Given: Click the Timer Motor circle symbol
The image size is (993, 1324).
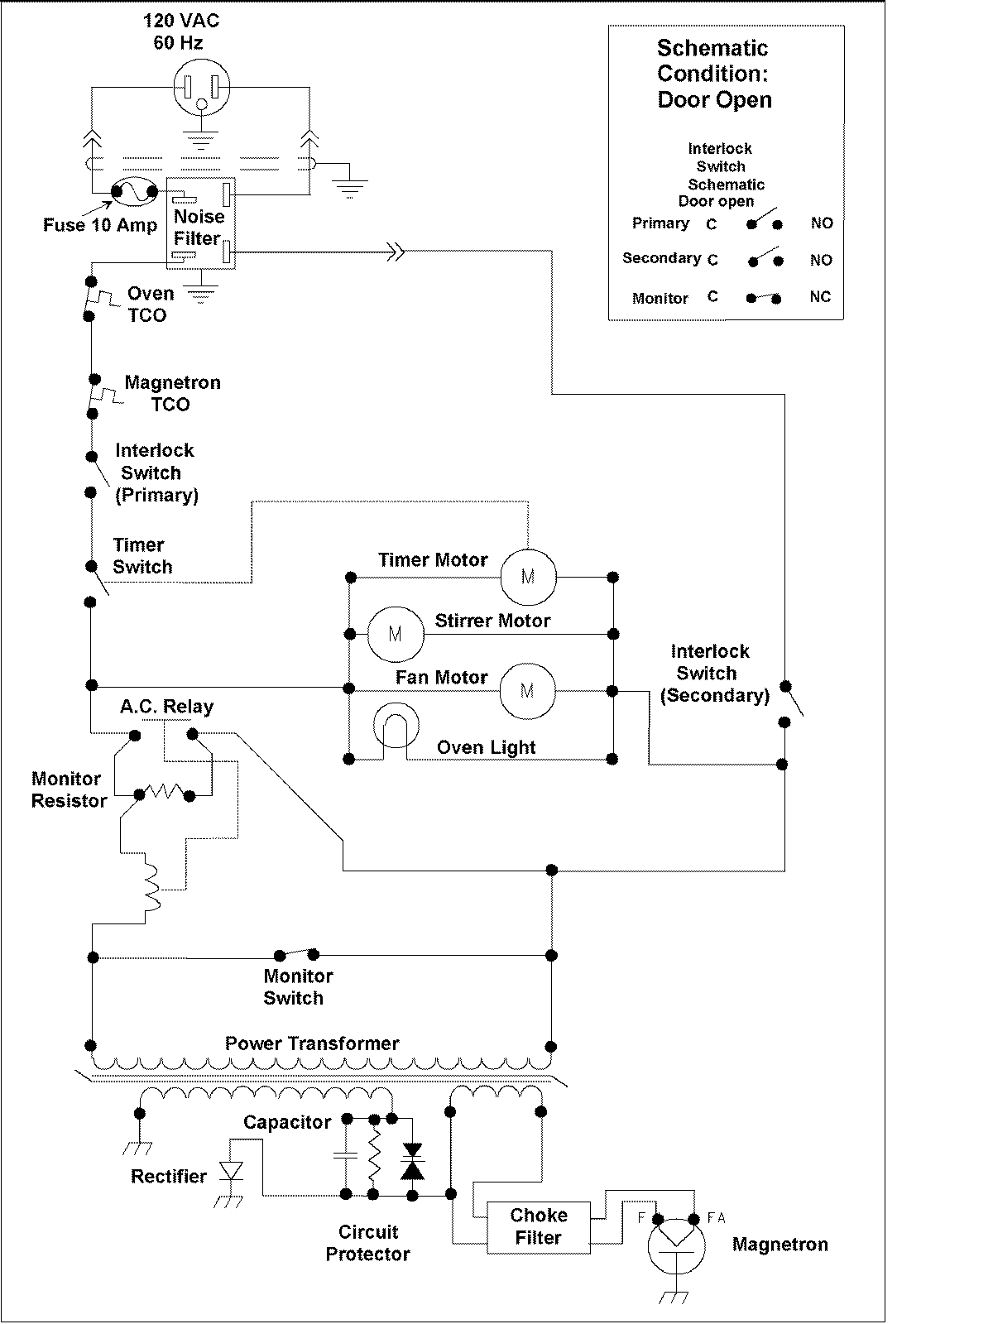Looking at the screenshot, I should tap(528, 576).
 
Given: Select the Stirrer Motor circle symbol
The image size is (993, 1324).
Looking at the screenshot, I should tap(395, 634).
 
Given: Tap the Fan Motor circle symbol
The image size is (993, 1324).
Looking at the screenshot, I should tap(527, 689).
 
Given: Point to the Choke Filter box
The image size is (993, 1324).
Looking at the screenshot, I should tap(539, 1226).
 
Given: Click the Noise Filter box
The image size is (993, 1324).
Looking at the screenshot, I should tap(200, 223).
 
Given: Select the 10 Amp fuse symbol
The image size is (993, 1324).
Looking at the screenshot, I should tap(133, 193).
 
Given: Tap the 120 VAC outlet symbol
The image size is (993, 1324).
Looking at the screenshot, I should tap(201, 89).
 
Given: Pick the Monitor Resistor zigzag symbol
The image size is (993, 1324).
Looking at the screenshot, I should tap(165, 793).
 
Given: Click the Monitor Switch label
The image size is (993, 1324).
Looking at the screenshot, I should tap(297, 987).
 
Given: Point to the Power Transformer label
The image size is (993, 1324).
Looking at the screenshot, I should tap(312, 1043).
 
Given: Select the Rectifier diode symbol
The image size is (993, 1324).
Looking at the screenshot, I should tap(231, 1172).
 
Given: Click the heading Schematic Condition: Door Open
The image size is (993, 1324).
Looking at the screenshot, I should tap(714, 74).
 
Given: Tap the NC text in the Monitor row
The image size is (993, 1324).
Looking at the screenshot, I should tap(819, 297).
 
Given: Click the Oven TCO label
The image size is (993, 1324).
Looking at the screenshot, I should tap(149, 305).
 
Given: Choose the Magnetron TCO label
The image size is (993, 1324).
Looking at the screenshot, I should tap(172, 394).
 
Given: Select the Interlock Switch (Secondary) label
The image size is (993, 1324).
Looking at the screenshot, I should tap(713, 674).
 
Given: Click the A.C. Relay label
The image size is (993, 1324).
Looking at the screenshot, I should tap(166, 707).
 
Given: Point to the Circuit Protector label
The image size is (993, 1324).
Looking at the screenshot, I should tap(367, 1243).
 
